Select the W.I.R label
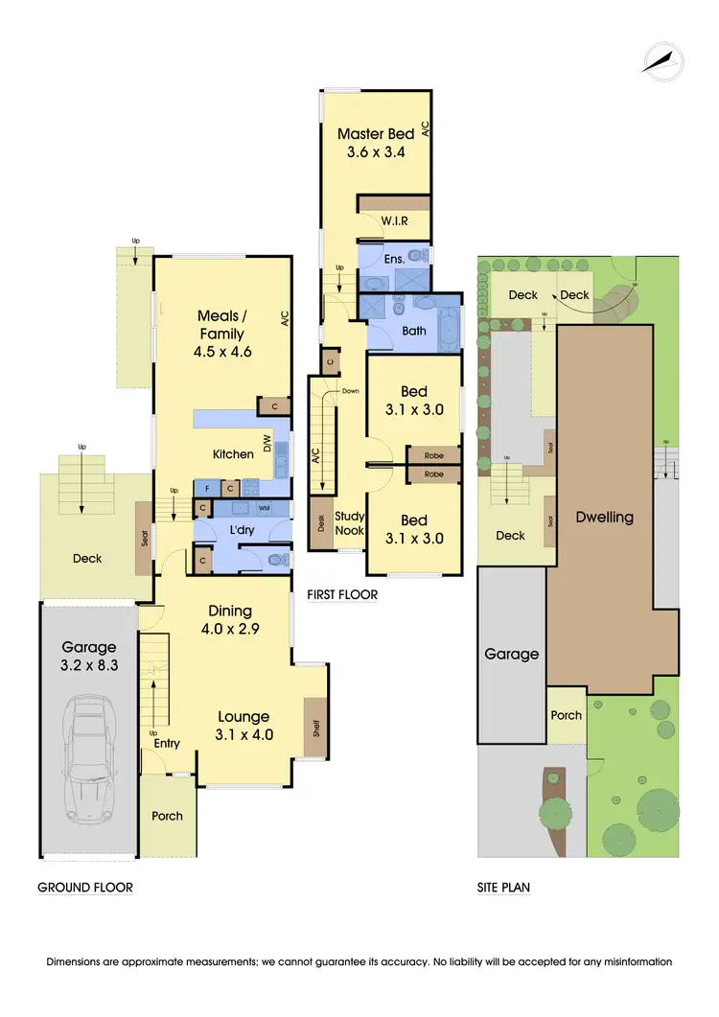pyautogui.click(x=395, y=220)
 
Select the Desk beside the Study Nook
pyautogui.click(x=320, y=524)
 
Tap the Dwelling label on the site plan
pyautogui.click(x=604, y=517)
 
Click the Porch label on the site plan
pyautogui.click(x=566, y=715)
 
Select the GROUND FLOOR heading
pyautogui.click(x=84, y=888)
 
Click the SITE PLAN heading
pyautogui.click(x=503, y=888)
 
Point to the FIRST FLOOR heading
pyautogui.click(x=342, y=595)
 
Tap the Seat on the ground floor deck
pyautogui.click(x=145, y=541)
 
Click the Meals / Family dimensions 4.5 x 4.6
pyautogui.click(x=220, y=352)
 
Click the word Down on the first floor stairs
pyautogui.click(x=351, y=391)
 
